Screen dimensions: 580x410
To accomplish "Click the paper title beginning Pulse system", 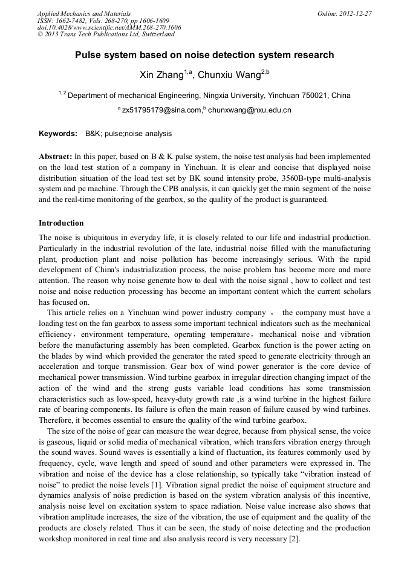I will [x=204, y=55].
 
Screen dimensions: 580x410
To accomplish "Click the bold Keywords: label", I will [x=58, y=133].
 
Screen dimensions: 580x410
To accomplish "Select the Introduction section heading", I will [x=61, y=223].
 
